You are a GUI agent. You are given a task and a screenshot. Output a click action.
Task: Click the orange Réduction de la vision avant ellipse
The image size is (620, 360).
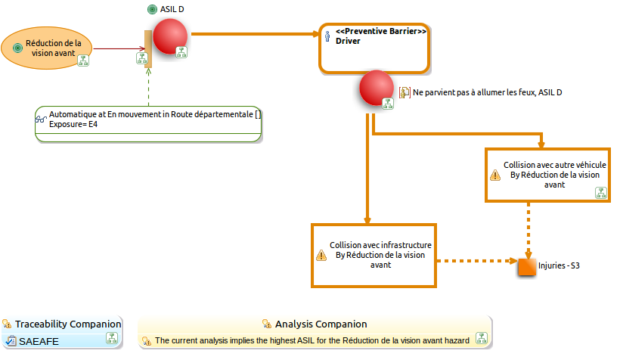[47, 48]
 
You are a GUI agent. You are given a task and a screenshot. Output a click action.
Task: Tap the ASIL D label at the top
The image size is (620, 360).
[172, 9]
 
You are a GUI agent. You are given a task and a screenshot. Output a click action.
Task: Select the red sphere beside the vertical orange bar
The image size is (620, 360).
[170, 36]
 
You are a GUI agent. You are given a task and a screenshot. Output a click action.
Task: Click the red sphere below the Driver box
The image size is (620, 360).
[376, 88]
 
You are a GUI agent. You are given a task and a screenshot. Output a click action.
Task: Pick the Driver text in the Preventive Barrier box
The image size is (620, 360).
[348, 41]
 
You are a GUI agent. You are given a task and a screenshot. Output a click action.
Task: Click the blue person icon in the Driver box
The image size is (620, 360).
[327, 36]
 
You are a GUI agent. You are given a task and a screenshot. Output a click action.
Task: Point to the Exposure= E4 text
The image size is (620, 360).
[73, 124]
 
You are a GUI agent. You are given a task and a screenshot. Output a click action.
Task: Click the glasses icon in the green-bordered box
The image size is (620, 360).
[41, 119]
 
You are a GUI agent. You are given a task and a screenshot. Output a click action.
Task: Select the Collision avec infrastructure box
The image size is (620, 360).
[374, 256]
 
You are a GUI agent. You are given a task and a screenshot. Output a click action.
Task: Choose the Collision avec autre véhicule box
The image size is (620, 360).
[547, 175]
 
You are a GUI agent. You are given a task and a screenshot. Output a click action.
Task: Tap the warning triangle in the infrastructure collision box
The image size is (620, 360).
[321, 255]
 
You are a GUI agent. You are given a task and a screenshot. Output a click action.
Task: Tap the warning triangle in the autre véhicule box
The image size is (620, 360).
[495, 175]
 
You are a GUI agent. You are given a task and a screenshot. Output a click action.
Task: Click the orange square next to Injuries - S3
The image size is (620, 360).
[527, 267]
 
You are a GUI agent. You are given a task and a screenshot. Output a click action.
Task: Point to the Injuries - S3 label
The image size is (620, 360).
[559, 265]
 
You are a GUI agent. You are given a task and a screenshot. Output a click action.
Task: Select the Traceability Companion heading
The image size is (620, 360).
[68, 324]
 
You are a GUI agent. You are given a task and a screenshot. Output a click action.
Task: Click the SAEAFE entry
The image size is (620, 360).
[39, 341]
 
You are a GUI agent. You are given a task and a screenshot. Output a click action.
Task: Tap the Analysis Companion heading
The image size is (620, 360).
[321, 324]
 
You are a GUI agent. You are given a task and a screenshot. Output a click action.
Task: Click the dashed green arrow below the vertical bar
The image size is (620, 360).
[149, 87]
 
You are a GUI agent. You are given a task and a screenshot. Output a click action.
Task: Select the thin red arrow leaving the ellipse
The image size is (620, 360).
[119, 49]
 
